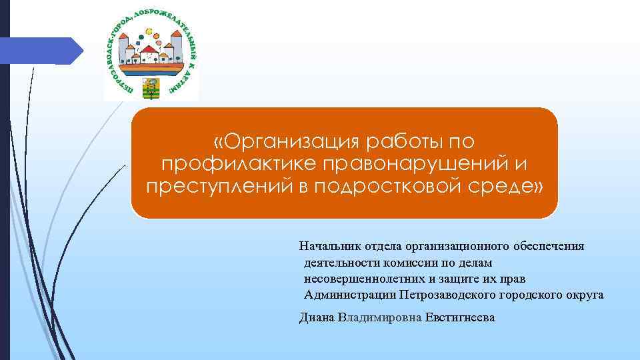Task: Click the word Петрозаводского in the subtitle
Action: [447, 294]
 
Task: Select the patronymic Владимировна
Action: [380, 318]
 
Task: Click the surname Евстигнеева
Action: [460, 318]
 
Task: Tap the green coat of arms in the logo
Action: [151, 87]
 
